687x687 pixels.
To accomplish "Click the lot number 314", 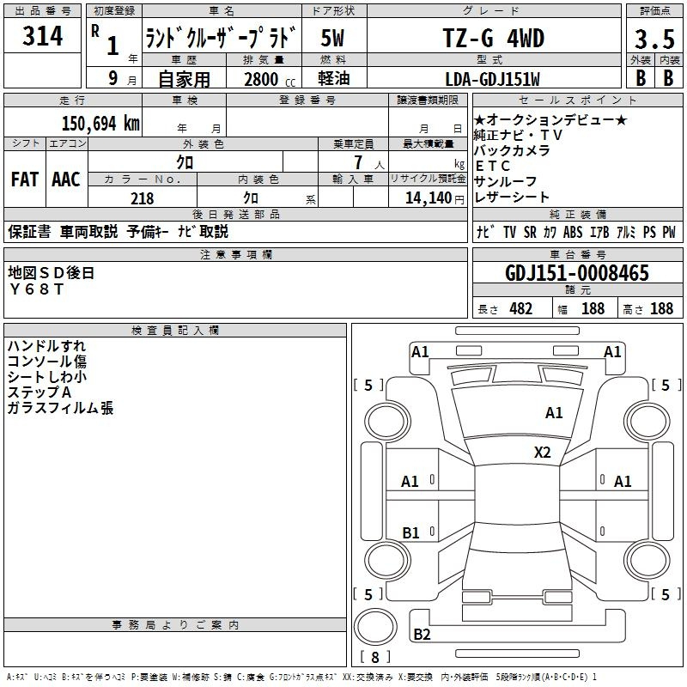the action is click(x=42, y=36).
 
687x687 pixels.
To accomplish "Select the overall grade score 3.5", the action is click(x=654, y=40).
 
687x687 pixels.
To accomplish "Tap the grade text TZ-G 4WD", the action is click(x=494, y=38).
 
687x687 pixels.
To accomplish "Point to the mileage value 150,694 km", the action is click(x=100, y=124).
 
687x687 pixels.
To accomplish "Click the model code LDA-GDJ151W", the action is click(x=492, y=79).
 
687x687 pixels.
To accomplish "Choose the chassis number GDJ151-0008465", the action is click(x=577, y=273).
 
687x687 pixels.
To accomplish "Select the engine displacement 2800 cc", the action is click(x=270, y=79).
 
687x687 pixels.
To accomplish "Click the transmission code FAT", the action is click(x=25, y=179).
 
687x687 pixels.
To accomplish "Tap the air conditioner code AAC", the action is click(x=66, y=179).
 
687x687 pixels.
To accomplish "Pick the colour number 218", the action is click(x=143, y=198).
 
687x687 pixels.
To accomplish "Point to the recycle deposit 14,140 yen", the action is click(x=435, y=198).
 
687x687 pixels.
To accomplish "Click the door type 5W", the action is click(x=332, y=38).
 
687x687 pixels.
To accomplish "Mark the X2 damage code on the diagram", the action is click(x=542, y=453).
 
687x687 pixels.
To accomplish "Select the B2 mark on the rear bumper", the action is click(x=422, y=634).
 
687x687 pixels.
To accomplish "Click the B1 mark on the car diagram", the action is click(x=410, y=532).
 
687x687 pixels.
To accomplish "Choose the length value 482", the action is click(x=521, y=308).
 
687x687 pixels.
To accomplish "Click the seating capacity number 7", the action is click(x=359, y=162).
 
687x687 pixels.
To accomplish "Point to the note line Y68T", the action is click(x=36, y=289).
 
